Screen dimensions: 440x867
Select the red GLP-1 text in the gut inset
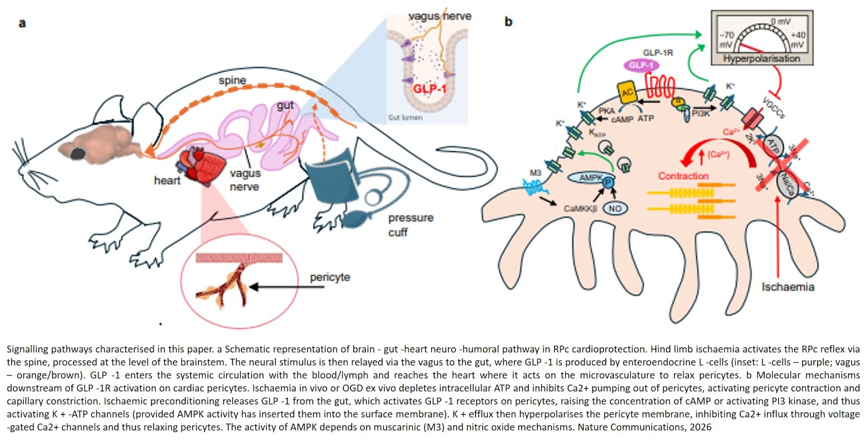click(430, 88)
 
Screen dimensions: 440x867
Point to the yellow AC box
click(627, 93)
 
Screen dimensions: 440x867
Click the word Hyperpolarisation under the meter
click(761, 59)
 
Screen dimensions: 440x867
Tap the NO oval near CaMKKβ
click(615, 209)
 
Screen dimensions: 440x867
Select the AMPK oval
click(591, 178)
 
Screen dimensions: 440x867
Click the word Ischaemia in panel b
click(787, 287)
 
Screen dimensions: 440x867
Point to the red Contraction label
click(683, 176)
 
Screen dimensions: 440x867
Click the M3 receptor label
click(535, 173)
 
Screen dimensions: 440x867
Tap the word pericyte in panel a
click(329, 277)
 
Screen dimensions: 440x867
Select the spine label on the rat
click(232, 81)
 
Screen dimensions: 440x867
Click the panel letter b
click(508, 22)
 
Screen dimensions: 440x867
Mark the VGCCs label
click(773, 107)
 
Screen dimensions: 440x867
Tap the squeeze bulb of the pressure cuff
click(355, 219)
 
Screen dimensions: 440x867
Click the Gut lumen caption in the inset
click(405, 117)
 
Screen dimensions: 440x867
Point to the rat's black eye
click(77, 153)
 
